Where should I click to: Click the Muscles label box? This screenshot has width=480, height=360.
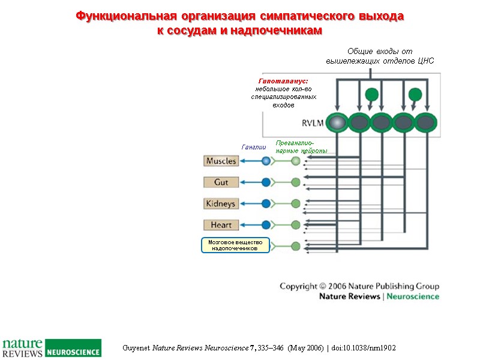pos(221,161)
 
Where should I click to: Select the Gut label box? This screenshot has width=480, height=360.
pos(221,182)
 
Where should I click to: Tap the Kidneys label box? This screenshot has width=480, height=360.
pos(221,203)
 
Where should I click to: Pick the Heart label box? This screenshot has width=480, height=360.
pos(221,225)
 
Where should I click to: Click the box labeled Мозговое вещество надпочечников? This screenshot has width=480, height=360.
pos(235,245)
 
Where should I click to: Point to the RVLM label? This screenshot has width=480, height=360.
pos(312,124)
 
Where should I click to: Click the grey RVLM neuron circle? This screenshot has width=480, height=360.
pos(338,123)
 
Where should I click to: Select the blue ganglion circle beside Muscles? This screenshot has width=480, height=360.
pos(266,161)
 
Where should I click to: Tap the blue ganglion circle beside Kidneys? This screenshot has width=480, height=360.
pos(266,203)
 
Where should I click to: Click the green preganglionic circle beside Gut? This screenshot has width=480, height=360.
pos(295,182)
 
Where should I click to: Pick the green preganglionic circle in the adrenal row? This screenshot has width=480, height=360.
pos(295,245)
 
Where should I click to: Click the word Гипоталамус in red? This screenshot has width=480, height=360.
pos(283,81)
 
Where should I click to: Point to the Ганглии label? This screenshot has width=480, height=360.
pos(253,146)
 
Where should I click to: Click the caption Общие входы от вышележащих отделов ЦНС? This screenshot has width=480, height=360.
pos(379,56)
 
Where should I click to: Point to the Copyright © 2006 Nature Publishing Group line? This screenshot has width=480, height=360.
pos(359,286)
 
